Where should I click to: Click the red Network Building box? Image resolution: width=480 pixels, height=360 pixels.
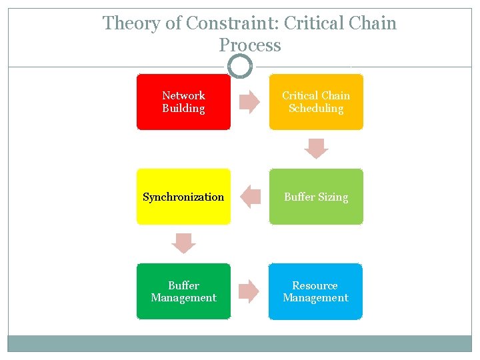(183, 102)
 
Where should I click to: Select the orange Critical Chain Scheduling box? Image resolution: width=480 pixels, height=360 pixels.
(316, 102)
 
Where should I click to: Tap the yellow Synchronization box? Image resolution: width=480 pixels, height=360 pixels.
(183, 197)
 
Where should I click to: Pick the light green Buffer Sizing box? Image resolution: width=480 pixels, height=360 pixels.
(316, 197)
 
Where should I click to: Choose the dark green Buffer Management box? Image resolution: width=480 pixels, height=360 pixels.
(183, 291)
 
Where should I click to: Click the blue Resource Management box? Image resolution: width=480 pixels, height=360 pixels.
(316, 291)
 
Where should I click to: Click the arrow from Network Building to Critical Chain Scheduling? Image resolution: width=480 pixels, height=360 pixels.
(249, 102)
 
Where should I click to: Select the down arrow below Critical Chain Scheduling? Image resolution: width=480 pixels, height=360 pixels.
(316, 149)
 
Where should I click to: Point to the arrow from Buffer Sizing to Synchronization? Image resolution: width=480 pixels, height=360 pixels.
(250, 197)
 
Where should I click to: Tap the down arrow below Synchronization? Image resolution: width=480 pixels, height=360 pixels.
(183, 243)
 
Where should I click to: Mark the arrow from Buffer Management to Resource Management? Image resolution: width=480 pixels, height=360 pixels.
(249, 291)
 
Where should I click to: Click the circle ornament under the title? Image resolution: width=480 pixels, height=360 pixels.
(240, 67)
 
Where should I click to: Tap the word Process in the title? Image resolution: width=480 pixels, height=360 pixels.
(250, 45)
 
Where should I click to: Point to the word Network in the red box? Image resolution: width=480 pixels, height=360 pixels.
(183, 95)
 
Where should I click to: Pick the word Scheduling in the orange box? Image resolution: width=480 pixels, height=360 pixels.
(316, 108)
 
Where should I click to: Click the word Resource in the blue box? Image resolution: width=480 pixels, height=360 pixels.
(315, 285)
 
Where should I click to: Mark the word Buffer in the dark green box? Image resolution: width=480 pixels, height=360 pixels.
(183, 285)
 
